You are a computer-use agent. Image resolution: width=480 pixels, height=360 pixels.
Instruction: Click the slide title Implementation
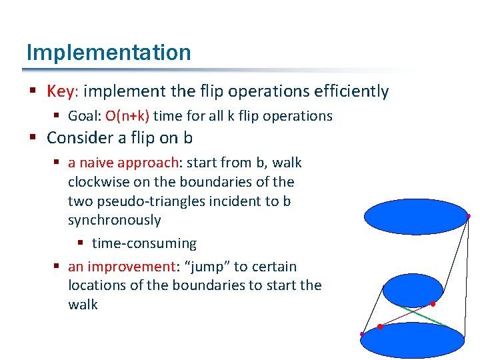click(x=109, y=53)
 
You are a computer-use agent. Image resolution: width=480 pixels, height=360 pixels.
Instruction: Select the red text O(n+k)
click(x=127, y=116)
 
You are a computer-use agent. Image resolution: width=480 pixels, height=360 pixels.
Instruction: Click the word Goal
click(x=83, y=116)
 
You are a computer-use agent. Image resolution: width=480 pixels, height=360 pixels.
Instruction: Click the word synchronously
click(x=114, y=220)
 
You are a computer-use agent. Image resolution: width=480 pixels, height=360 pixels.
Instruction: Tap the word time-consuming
click(x=144, y=243)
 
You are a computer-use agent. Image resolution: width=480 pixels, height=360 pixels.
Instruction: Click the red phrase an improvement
click(x=121, y=267)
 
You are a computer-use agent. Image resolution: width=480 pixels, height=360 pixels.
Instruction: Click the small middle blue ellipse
click(x=412, y=291)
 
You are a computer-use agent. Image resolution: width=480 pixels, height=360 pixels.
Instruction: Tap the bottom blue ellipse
click(x=411, y=340)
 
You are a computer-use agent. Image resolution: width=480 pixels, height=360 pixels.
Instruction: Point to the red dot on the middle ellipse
click(x=433, y=304)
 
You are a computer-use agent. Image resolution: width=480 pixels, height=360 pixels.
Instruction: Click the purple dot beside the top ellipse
click(x=469, y=216)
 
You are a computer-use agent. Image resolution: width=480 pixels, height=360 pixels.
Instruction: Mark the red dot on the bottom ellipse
click(x=379, y=327)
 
